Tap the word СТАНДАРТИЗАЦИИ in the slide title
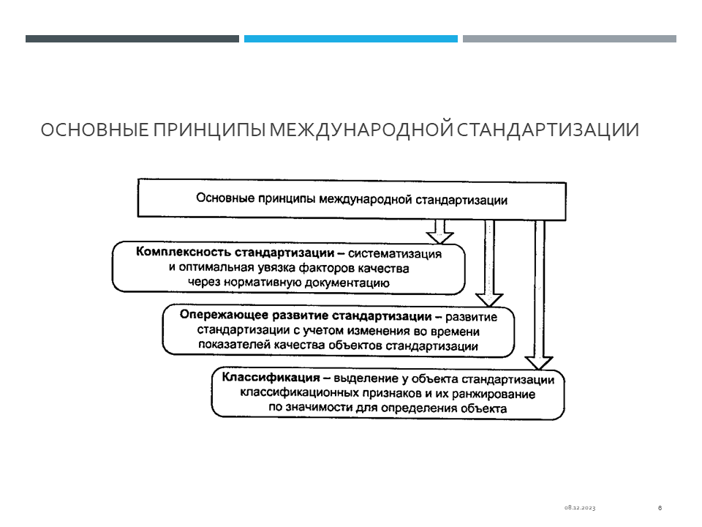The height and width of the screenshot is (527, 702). coord(548,130)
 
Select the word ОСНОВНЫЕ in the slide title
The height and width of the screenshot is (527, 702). coord(95,130)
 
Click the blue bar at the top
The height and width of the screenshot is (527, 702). coord(350,39)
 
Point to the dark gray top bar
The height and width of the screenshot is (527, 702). coord(132,39)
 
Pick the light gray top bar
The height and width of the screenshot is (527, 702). coord(570,39)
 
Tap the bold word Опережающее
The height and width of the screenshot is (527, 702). coord(224,315)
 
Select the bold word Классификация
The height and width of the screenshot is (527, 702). coord(271,378)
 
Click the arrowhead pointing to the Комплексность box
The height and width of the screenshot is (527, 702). coord(439,237)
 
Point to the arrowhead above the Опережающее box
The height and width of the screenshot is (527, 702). coord(489,300)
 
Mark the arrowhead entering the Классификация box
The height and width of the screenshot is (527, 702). coord(539,363)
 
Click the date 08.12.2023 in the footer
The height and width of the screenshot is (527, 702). coord(580,508)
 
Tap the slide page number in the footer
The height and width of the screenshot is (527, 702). coord(660,508)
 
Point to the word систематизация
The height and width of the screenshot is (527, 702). coord(395,254)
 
